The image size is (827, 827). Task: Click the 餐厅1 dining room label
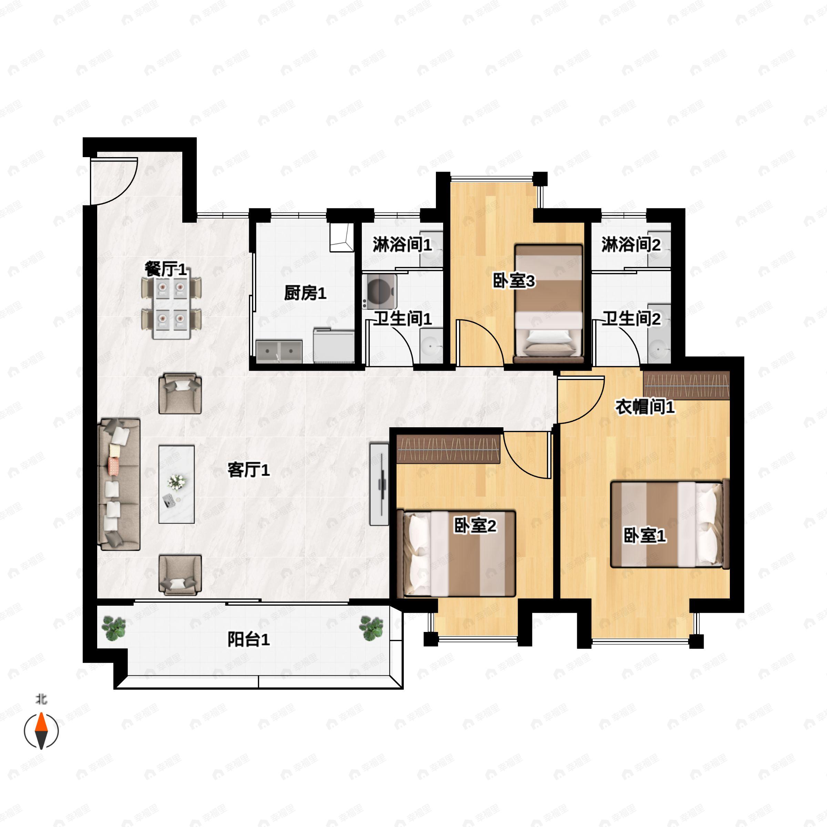pos(166,270)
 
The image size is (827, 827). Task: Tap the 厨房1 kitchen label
pos(305,293)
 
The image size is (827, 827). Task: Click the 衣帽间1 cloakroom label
pos(645,407)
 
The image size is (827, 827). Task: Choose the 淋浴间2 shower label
pos(631,245)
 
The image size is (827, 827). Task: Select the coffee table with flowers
pos(176,484)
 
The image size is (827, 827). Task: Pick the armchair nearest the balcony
pos(180,574)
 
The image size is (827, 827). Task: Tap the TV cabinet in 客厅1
pos(379,484)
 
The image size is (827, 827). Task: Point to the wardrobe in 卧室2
pos(449,449)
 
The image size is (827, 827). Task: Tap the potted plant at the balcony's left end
pos(113,628)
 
